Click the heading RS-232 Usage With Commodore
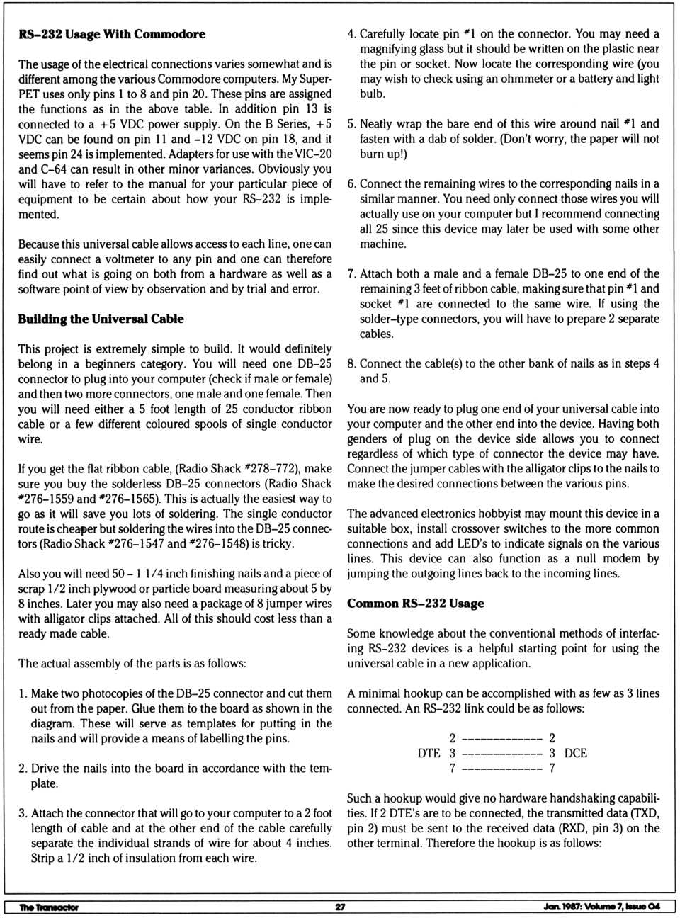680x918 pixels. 112,34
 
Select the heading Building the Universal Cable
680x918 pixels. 101,319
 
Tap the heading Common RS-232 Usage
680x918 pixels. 416,603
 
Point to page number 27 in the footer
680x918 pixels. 340,907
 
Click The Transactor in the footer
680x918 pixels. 49,907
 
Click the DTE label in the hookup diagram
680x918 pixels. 429,753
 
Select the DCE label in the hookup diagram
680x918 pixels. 576,753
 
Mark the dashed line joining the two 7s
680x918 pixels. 502,769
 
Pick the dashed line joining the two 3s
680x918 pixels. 502,754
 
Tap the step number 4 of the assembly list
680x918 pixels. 351,34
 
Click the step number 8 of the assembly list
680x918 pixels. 351,364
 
